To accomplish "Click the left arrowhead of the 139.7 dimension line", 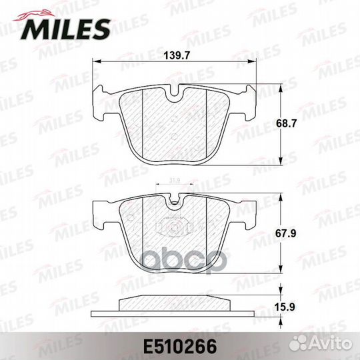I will point(93,61).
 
